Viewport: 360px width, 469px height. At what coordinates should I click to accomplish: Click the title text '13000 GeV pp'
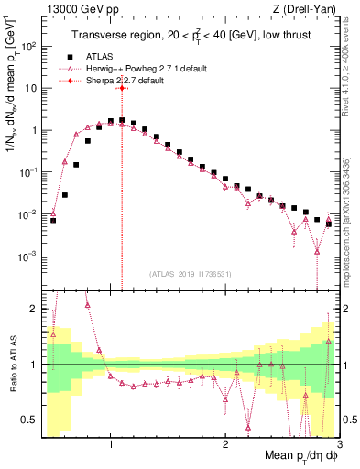coord(74,10)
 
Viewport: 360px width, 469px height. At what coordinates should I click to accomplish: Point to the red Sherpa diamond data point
coord(121,88)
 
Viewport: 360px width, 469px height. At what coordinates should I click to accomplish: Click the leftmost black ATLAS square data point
coord(53,220)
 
